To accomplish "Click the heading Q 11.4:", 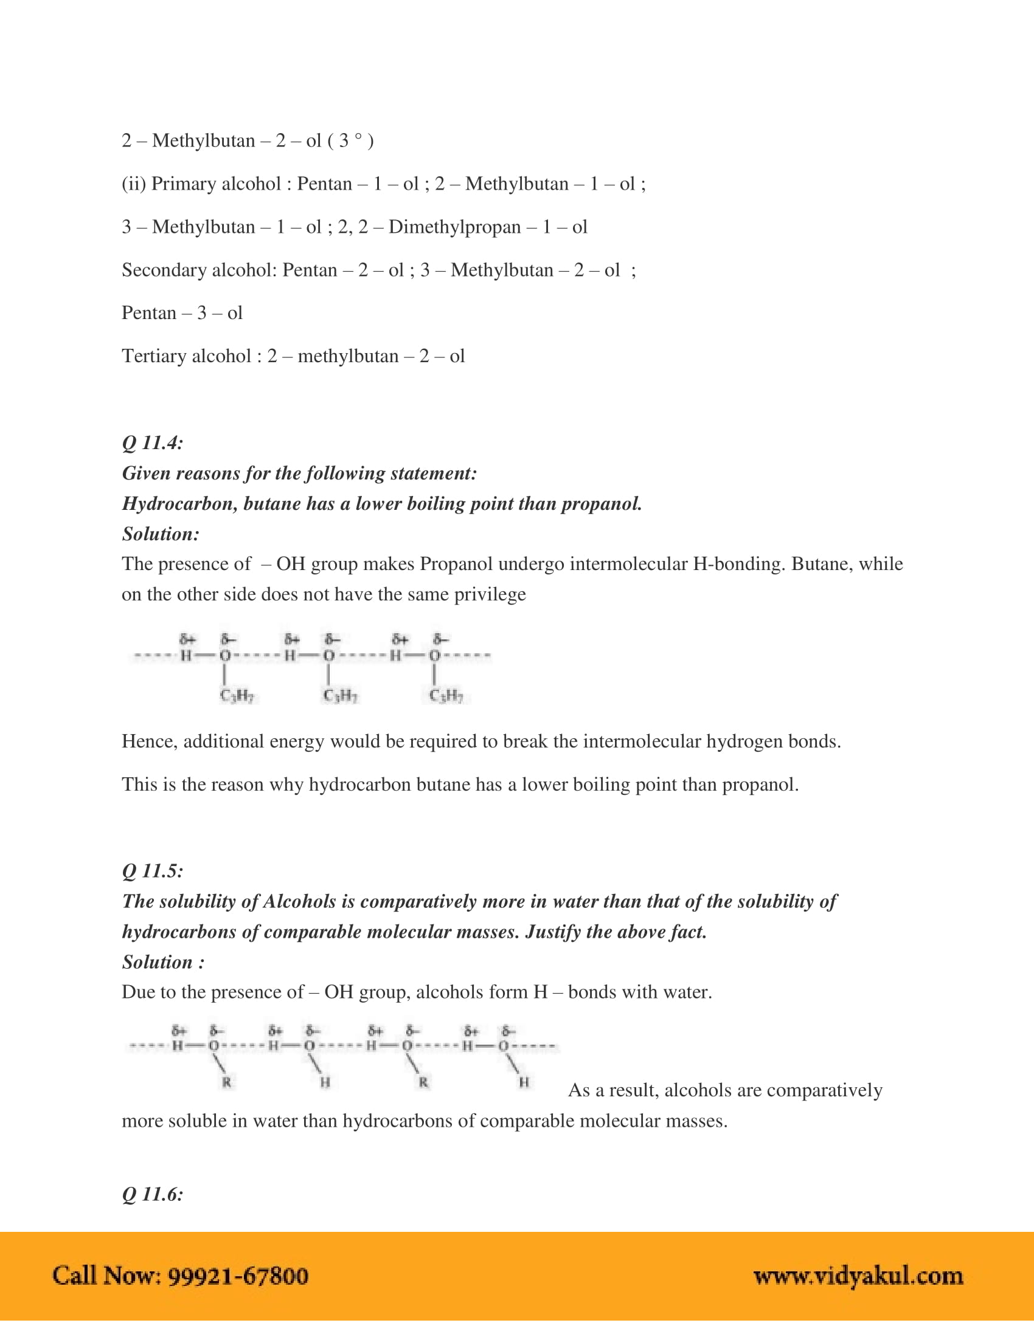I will pyautogui.click(x=153, y=443).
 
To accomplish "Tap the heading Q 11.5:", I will pyautogui.click(x=153, y=871).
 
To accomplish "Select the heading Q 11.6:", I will pyautogui.click(x=153, y=1194).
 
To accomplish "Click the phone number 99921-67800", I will pyautogui.click(x=238, y=1276).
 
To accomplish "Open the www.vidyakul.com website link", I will pyautogui.click(x=858, y=1276).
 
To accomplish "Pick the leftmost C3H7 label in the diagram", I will pyautogui.click(x=237, y=696).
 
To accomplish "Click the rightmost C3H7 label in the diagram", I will pyautogui.click(x=446, y=696).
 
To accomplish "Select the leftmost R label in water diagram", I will pyautogui.click(x=227, y=1082).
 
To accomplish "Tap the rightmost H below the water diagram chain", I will pyautogui.click(x=524, y=1082).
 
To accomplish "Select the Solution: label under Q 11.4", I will pyautogui.click(x=161, y=534).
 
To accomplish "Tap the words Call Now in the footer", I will pyautogui.click(x=106, y=1276).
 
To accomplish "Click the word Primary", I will pyautogui.click(x=185, y=184).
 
